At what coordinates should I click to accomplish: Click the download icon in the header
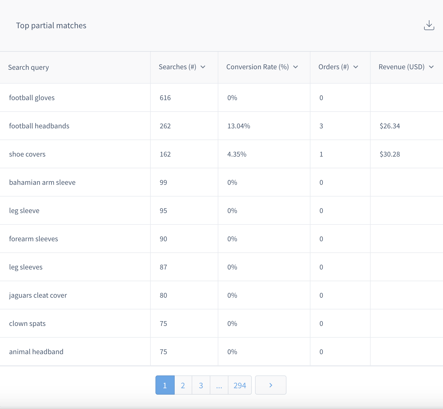pyautogui.click(x=429, y=25)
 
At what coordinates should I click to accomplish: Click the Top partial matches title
pyautogui.click(x=51, y=26)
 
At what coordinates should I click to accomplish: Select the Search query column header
pyautogui.click(x=28, y=67)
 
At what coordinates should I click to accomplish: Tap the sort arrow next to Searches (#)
pyautogui.click(x=203, y=67)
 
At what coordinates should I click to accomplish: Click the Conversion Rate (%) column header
pyautogui.click(x=257, y=67)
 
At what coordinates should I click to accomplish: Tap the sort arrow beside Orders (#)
pyautogui.click(x=356, y=67)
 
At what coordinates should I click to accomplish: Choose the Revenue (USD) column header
pyautogui.click(x=401, y=67)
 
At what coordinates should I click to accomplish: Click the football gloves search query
pyautogui.click(x=32, y=98)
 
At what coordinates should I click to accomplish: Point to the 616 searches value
pyautogui.click(x=165, y=98)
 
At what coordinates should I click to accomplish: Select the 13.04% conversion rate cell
pyautogui.click(x=239, y=126)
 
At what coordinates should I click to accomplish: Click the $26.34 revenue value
pyautogui.click(x=390, y=126)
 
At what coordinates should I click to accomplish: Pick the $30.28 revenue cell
pyautogui.click(x=390, y=154)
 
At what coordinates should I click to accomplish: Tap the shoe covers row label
pyautogui.click(x=27, y=154)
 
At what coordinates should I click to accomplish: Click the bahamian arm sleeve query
pyautogui.click(x=42, y=182)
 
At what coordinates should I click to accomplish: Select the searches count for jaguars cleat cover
pyautogui.click(x=163, y=295)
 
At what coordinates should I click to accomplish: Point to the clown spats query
pyautogui.click(x=27, y=324)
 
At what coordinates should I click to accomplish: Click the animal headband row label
pyautogui.click(x=36, y=352)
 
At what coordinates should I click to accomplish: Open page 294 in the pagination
pyautogui.click(x=240, y=385)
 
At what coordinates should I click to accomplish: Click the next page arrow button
pyautogui.click(x=270, y=385)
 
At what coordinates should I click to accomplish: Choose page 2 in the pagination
pyautogui.click(x=183, y=385)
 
